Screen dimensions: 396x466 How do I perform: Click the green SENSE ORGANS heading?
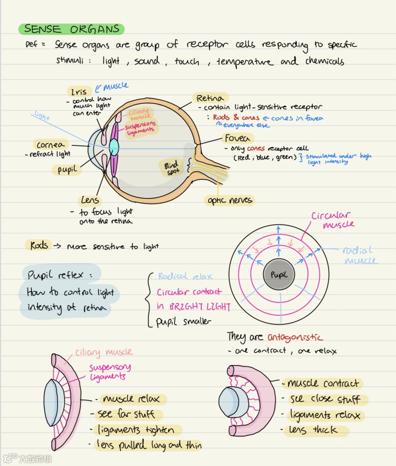(71, 29)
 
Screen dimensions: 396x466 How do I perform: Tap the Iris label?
(79, 92)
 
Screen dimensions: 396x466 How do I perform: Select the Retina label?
(210, 98)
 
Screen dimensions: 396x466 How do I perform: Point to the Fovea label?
(237, 138)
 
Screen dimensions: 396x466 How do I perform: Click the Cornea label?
(51, 145)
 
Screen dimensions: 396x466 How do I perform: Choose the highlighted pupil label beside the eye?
(67, 170)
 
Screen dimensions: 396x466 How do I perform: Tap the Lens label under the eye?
(90, 201)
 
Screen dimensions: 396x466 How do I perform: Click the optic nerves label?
(230, 201)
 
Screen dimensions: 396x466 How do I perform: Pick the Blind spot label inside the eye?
(172, 167)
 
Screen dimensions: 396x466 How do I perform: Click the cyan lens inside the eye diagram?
(114, 147)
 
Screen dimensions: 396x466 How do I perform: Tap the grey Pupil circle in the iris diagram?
(279, 275)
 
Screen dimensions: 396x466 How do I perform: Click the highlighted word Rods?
(39, 245)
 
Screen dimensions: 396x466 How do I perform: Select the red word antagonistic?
(295, 337)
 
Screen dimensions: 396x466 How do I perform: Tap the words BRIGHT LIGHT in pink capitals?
(200, 307)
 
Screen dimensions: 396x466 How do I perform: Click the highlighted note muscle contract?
(323, 384)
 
